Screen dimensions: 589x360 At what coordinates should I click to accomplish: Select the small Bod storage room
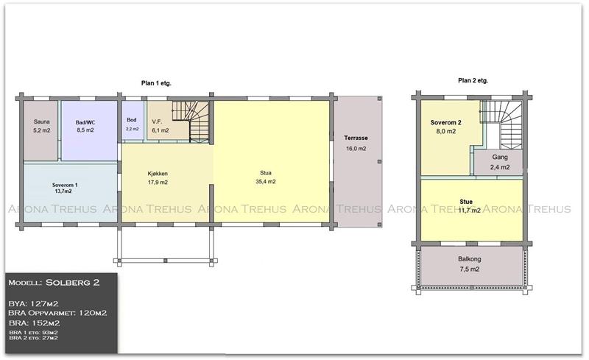click(133, 121)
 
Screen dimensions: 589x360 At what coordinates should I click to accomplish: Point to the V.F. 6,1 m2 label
click(161, 127)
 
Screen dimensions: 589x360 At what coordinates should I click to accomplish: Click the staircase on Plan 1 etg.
click(191, 121)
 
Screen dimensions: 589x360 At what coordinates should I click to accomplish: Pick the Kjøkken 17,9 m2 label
click(158, 178)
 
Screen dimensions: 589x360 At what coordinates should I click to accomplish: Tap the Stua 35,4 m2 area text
click(266, 177)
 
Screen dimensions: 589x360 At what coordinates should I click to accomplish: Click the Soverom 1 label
click(65, 188)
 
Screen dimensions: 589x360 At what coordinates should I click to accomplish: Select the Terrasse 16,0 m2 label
click(356, 143)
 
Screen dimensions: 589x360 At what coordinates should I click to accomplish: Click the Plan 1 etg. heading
click(156, 83)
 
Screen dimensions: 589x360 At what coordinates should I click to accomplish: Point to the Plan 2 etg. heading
click(473, 80)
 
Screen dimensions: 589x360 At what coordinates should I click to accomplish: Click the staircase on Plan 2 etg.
click(501, 124)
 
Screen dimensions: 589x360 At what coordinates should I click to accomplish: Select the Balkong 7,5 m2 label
click(470, 264)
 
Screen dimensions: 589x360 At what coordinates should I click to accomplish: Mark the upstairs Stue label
click(466, 202)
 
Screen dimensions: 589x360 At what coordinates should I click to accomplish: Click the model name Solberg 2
click(72, 283)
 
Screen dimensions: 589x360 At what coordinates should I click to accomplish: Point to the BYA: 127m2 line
click(33, 303)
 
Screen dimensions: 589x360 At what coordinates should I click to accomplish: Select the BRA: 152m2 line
click(34, 323)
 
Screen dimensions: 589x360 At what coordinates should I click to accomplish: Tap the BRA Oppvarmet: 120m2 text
click(57, 313)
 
